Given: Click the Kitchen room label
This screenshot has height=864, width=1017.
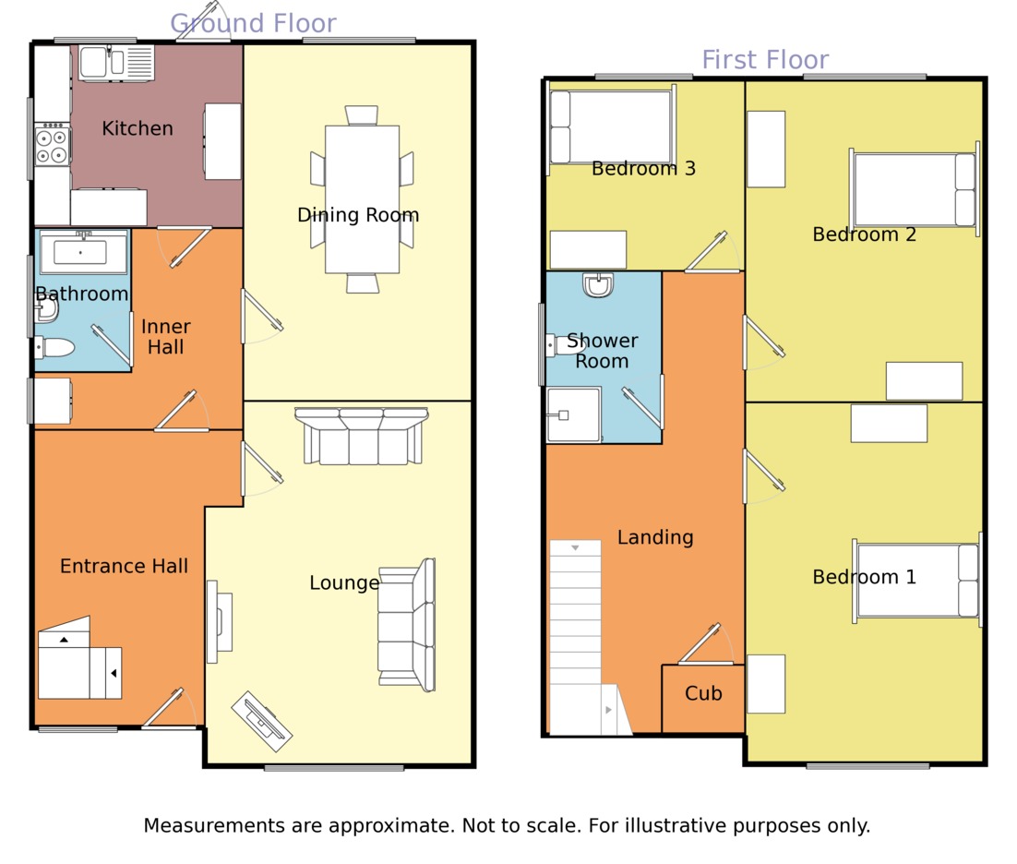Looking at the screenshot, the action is click(x=138, y=128).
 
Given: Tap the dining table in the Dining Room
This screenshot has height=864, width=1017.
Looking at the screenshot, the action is click(x=362, y=198).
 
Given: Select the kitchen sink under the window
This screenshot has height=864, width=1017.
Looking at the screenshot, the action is click(x=115, y=63).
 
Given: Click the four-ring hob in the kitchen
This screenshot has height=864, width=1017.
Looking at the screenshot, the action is click(x=53, y=146).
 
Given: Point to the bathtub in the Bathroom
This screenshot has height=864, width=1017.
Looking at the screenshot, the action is click(x=83, y=252).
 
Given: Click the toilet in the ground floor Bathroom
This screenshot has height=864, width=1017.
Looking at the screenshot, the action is click(x=55, y=347).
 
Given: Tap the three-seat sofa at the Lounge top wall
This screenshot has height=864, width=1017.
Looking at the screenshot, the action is click(x=361, y=436).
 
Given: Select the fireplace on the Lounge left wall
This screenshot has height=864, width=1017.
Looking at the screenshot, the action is click(x=218, y=621).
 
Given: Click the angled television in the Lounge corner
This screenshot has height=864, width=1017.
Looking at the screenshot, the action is click(x=261, y=720).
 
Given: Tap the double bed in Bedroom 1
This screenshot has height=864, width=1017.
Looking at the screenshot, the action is click(x=916, y=580).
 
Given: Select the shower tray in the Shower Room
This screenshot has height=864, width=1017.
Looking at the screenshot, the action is click(x=572, y=414).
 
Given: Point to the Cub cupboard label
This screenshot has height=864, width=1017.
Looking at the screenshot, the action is click(x=703, y=693).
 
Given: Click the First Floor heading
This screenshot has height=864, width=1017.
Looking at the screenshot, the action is click(x=765, y=59).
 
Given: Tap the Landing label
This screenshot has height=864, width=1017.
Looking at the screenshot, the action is click(x=655, y=537).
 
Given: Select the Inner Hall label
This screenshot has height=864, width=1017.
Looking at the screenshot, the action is click(x=166, y=337).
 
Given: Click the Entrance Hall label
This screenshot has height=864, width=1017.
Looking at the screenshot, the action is click(x=124, y=566).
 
